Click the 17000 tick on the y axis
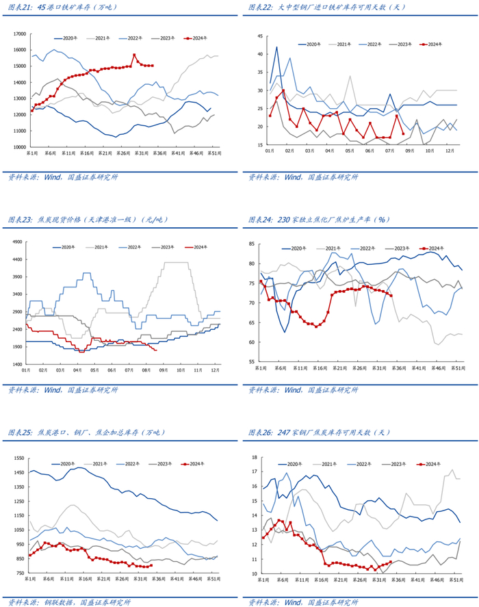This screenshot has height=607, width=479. click(x=18, y=34)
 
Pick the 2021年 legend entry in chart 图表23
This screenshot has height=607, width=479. click(x=102, y=246)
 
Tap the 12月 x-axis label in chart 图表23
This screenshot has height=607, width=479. click(x=213, y=370)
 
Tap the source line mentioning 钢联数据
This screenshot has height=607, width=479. click(x=68, y=602)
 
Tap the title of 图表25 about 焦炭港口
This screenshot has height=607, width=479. click(x=86, y=432)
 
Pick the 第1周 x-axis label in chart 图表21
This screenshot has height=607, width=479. click(x=31, y=153)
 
